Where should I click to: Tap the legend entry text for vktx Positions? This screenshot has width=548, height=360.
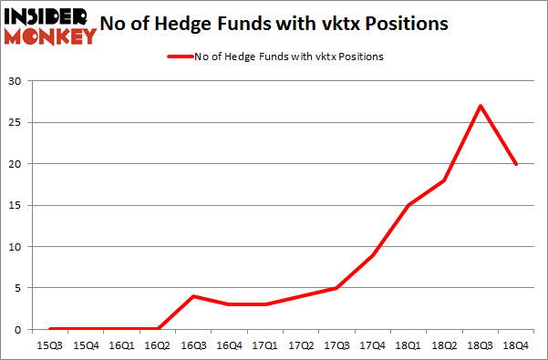tap(288, 57)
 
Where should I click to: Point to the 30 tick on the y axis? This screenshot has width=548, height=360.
tap(16, 81)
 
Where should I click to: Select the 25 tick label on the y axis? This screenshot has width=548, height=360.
tap(16, 123)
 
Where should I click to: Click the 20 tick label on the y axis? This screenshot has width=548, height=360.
tap(16, 164)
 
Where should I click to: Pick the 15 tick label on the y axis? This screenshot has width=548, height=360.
tap(16, 205)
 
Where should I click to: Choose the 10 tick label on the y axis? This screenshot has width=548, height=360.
tap(16, 247)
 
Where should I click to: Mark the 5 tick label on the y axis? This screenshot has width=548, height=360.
tap(19, 288)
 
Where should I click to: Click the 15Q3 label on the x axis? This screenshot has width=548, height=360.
tap(50, 345)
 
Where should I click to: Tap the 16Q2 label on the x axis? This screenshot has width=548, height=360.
tap(158, 345)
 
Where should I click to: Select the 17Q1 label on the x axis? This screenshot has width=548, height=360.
tap(265, 345)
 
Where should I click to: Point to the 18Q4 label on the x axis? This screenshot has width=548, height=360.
tap(516, 345)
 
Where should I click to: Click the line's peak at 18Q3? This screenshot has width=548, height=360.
tap(481, 106)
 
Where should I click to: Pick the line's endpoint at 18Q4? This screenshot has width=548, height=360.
tap(516, 164)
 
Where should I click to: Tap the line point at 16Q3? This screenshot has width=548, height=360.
tap(193, 296)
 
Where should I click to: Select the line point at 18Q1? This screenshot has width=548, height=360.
tap(408, 205)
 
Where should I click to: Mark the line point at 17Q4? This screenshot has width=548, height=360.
tap(373, 255)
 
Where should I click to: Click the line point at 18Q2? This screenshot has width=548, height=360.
tap(445, 180)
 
